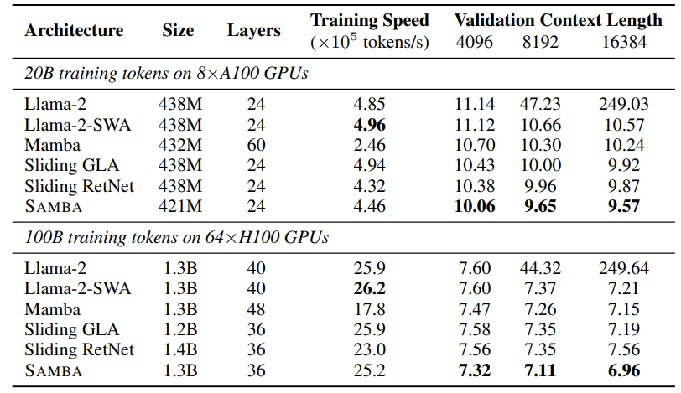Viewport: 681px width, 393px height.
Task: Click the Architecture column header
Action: [74, 31]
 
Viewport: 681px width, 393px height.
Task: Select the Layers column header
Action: [253, 31]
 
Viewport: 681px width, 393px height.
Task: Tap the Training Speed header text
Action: [370, 21]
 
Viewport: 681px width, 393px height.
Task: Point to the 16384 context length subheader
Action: [624, 42]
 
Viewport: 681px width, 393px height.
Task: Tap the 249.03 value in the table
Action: [624, 105]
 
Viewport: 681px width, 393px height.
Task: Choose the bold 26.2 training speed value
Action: [370, 287]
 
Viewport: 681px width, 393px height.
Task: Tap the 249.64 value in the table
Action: [624, 269]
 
